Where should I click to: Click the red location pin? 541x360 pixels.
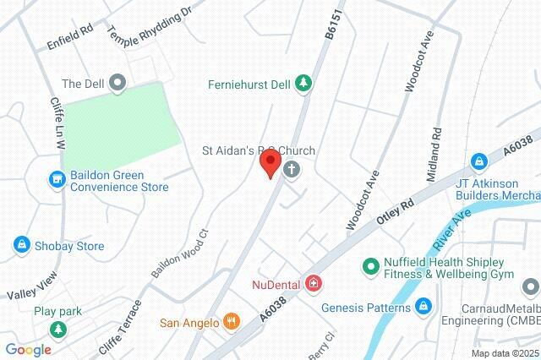[x=270, y=163]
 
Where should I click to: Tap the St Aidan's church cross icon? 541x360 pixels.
[x=292, y=169]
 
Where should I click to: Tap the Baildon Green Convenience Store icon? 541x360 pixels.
[x=57, y=178]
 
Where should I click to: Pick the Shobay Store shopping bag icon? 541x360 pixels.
[x=19, y=245]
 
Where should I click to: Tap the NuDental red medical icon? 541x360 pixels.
[x=314, y=282]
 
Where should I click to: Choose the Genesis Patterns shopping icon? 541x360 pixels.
[x=424, y=306]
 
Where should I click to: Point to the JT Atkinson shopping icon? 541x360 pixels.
[x=479, y=160]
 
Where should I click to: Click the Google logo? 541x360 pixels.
[x=28, y=349]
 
